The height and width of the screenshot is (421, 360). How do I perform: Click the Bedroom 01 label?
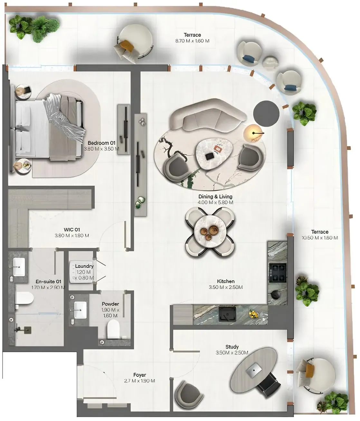[101, 143]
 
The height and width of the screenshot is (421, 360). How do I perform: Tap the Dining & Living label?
[215, 196]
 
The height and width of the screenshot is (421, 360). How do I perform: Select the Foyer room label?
[140, 375]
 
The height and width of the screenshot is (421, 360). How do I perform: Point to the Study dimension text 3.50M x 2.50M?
[232, 353]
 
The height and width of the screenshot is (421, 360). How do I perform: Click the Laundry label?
[84, 266]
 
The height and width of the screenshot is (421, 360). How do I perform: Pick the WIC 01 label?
[72, 229]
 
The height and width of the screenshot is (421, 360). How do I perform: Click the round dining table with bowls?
[210, 230]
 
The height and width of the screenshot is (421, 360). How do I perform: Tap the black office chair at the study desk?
[266, 385]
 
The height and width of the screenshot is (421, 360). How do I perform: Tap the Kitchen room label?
[225, 281]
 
